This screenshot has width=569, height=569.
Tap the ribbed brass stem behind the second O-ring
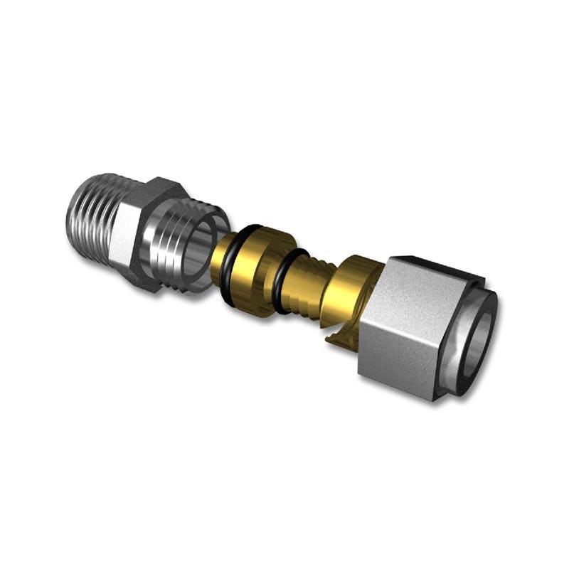coord(306,288)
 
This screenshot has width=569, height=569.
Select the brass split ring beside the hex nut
coord(341,299)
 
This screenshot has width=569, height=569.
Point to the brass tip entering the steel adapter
coord(219,260)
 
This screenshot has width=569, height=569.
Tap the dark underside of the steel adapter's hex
coord(142,274)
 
